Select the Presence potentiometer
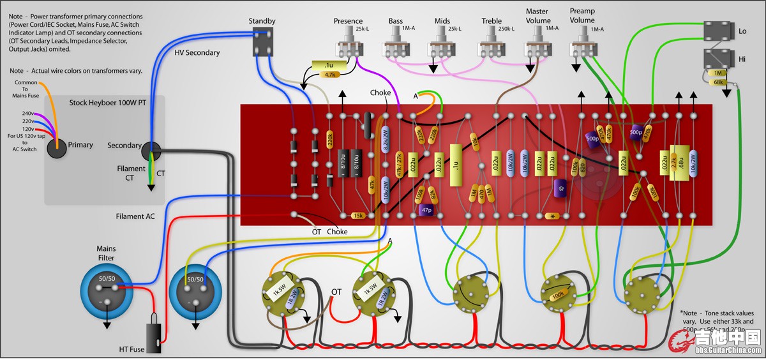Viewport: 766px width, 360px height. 348,46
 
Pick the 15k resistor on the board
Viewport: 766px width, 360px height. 357,216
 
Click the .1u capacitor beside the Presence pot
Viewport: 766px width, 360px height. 329,65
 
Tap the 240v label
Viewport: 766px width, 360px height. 27,114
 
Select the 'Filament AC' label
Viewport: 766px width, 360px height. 135,216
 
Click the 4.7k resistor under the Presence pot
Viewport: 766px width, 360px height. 329,75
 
